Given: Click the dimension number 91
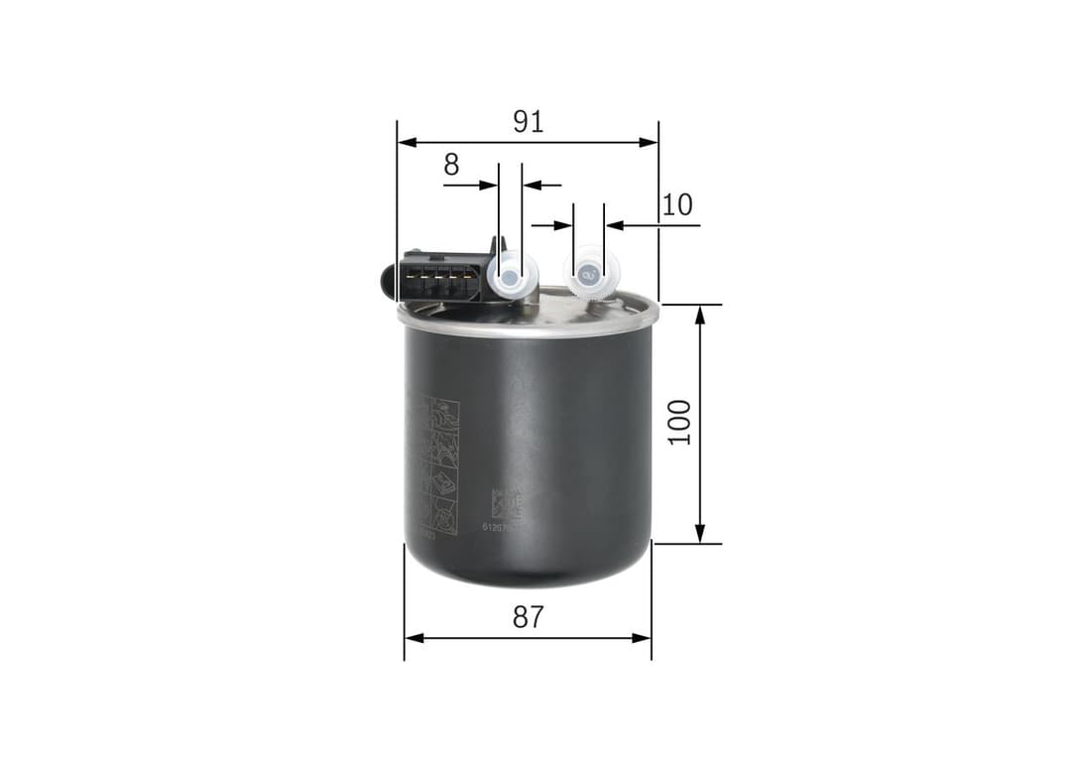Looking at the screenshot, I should point(528,122).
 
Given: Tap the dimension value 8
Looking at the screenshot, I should point(451,165).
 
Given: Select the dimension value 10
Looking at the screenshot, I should point(677,205).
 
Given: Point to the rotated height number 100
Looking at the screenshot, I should point(679,423).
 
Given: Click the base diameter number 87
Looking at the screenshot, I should point(528,617).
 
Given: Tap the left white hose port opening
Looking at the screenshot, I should point(509,277).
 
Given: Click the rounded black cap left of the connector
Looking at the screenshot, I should point(388,278).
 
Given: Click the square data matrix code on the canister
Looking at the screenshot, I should point(506,505).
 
